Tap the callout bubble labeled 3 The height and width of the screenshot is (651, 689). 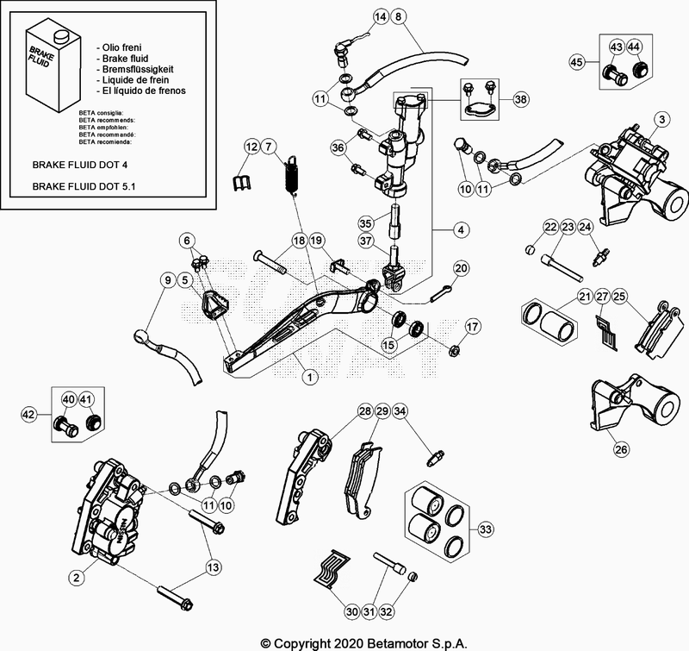point(661,118)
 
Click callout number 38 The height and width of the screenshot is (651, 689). point(520,100)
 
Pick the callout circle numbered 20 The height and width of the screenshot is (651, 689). point(461,269)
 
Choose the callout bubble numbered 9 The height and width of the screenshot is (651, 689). point(167,279)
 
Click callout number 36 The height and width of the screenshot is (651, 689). point(337,148)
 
